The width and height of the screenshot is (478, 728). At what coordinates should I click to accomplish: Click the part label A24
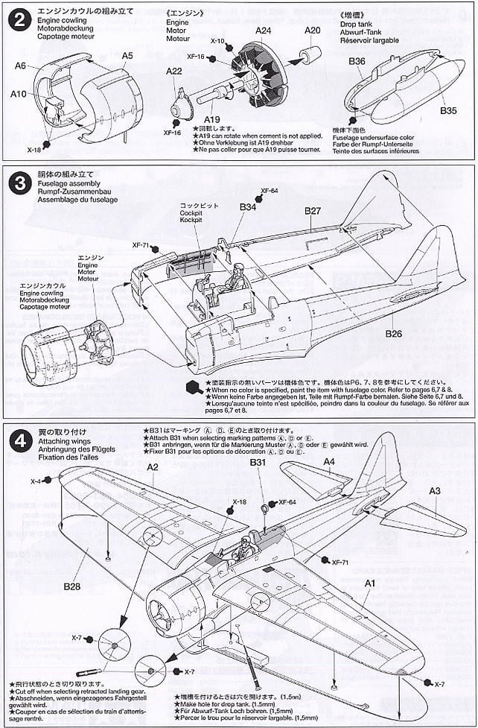263,31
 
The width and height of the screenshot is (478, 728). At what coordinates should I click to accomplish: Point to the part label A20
313,31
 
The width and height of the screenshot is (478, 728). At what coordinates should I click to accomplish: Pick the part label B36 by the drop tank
357,62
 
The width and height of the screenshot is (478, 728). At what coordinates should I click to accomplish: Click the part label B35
448,110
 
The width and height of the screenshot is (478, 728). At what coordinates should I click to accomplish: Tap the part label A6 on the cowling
21,65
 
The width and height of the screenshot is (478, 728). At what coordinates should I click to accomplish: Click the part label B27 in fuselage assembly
313,211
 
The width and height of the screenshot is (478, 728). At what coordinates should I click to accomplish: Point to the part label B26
394,334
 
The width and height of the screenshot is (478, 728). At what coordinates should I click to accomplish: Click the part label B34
247,207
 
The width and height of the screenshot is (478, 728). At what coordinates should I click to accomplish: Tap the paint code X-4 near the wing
36,481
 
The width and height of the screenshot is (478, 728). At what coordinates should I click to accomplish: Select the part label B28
71,586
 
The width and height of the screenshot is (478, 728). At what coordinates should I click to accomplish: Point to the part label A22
173,72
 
